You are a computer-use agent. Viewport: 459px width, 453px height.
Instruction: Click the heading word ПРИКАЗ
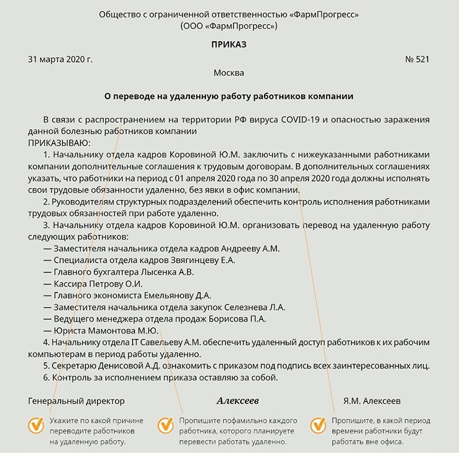229,44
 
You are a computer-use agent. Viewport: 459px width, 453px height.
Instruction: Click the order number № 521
417,59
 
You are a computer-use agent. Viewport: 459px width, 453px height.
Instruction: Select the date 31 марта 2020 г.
60,59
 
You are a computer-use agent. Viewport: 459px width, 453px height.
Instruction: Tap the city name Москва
229,73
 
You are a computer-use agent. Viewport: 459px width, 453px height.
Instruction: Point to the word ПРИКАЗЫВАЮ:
59,142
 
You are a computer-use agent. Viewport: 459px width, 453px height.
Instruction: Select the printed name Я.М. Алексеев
372,400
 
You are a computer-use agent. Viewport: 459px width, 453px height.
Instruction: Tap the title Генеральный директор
76,400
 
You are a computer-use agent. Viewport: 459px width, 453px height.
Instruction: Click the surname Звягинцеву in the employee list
170,260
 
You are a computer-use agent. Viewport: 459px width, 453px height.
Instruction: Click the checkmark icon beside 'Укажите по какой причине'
36,425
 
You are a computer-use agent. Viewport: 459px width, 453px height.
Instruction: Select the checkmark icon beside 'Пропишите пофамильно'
166,425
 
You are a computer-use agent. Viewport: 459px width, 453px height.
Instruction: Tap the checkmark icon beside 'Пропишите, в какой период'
318,425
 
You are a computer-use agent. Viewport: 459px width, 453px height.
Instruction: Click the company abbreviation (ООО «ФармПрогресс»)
229,26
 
